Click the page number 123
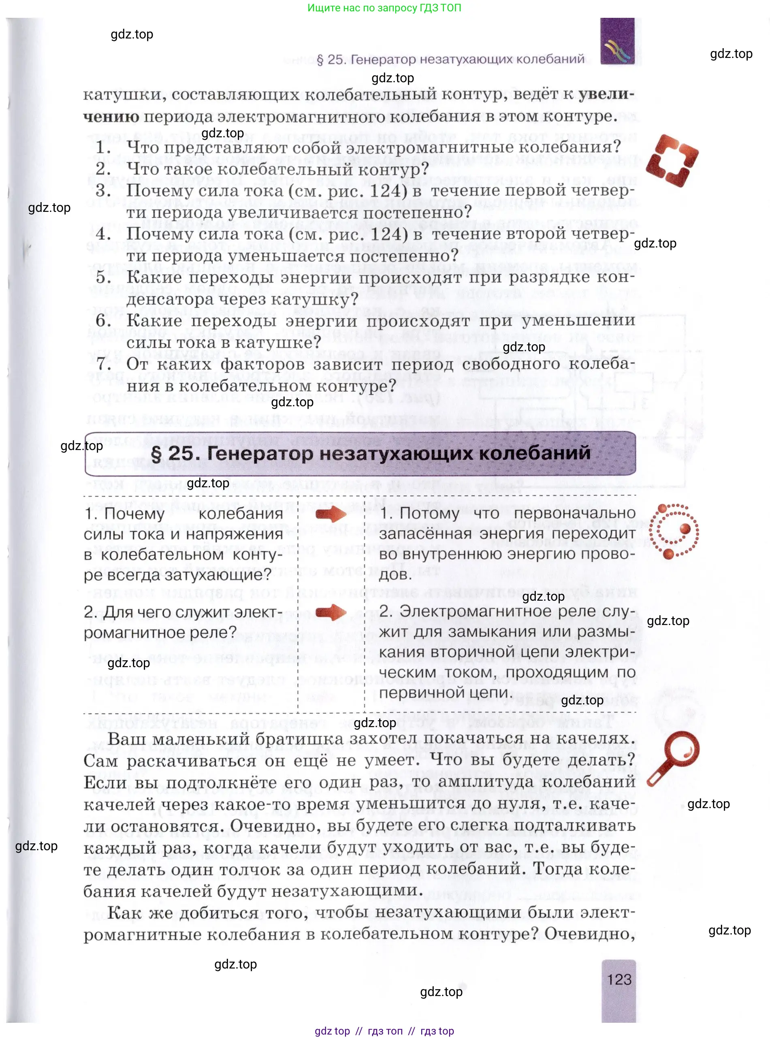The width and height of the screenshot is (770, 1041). pos(619,979)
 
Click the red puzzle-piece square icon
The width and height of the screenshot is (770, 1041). pos(672,160)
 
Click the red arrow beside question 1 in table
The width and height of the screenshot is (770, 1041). pos(331,514)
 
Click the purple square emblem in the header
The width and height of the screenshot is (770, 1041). pos(617,41)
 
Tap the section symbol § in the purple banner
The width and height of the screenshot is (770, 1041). pos(157,454)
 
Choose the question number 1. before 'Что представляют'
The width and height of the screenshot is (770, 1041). pos(103,147)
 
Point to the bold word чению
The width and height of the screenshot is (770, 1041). pos(111,117)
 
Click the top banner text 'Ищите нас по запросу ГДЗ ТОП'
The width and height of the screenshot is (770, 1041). pos(384,8)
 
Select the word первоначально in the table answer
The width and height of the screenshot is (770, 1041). pos(574,513)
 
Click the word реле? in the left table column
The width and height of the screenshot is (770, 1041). pos(214,632)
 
